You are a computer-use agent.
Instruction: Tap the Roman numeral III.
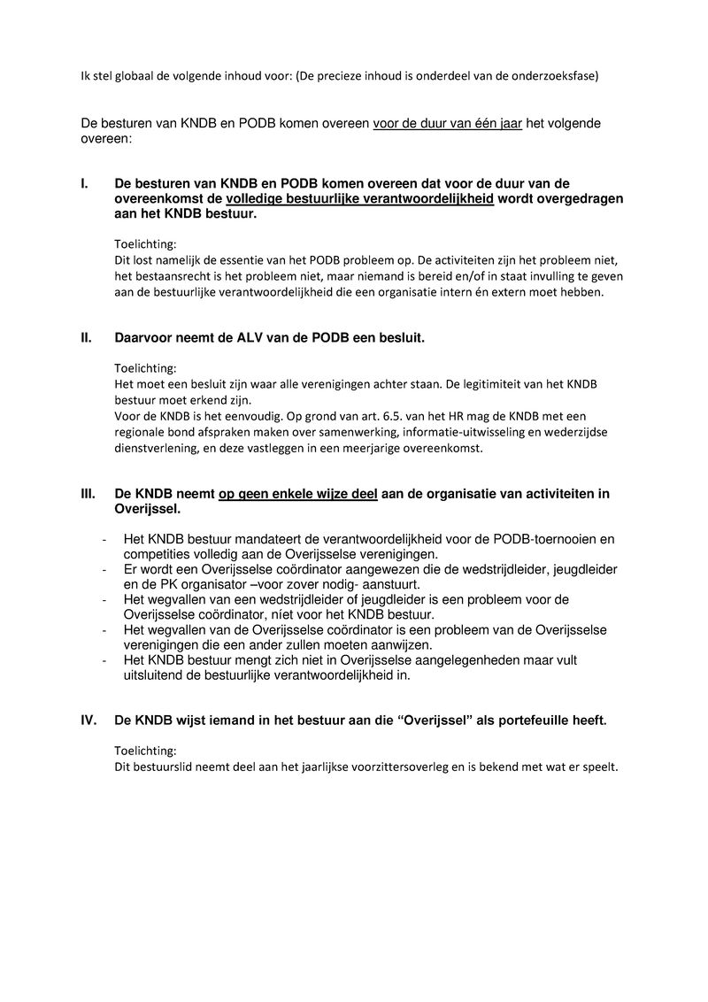click(88, 494)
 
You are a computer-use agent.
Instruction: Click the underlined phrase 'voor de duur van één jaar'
click(447, 124)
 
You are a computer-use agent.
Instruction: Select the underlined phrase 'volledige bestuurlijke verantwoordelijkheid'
click(360, 199)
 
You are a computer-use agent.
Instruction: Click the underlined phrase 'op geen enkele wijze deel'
click(298, 494)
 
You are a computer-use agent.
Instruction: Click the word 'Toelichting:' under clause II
click(145, 367)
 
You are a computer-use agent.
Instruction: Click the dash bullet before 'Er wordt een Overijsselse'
click(105, 569)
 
